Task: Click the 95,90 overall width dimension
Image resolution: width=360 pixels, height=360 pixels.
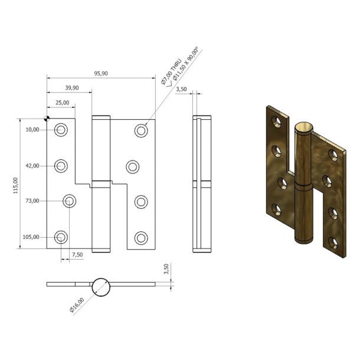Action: click(100, 73)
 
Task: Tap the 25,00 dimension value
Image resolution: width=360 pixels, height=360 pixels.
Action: click(62, 103)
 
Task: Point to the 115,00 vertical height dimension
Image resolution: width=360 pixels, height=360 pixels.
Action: click(17, 184)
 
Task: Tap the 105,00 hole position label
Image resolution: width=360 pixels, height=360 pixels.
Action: click(31, 237)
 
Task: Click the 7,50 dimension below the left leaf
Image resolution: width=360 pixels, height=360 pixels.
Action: click(77, 254)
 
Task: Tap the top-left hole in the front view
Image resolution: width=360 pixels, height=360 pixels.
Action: click(61, 130)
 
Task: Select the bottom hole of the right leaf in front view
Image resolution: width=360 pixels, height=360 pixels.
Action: click(140, 238)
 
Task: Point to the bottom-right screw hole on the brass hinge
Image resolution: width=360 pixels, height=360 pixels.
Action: click(334, 241)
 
